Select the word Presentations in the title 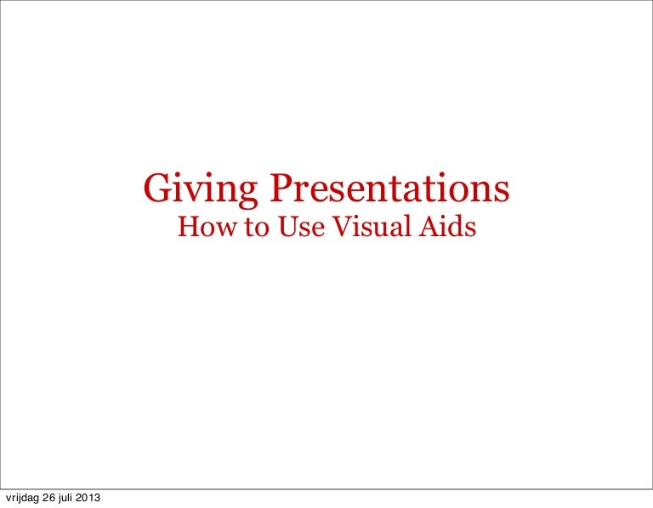click(390, 189)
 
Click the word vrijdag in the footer click(22, 498)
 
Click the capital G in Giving click(156, 189)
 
